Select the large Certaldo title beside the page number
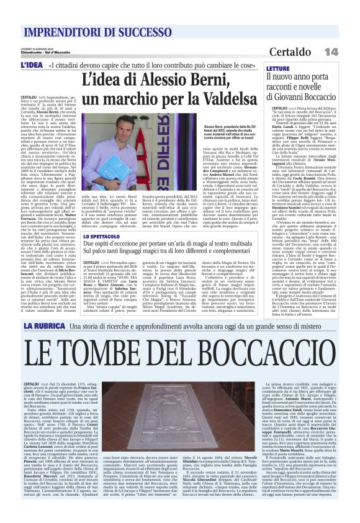tap(309, 51)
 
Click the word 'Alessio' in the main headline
tap(169, 80)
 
